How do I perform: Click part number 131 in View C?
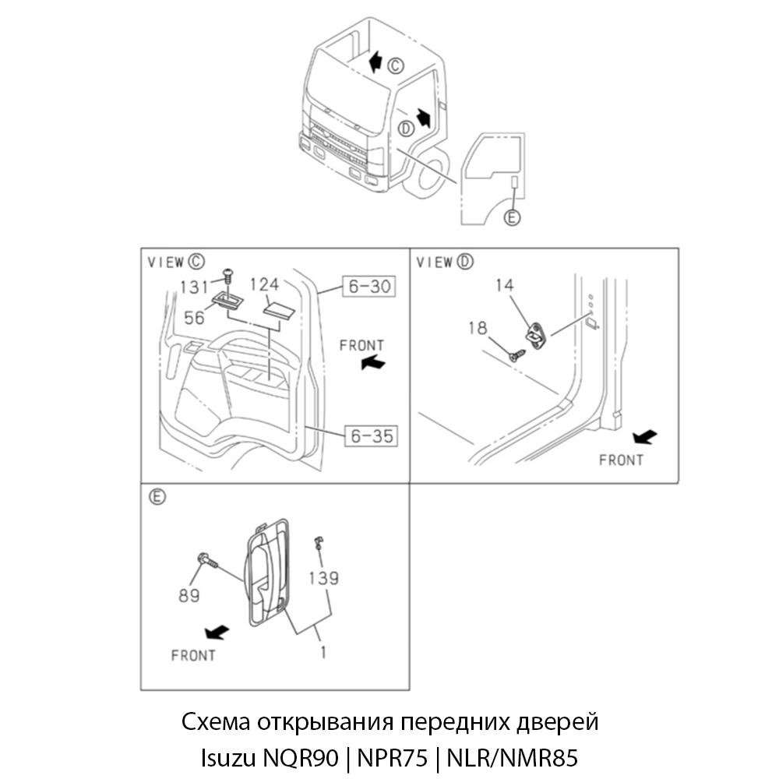194,287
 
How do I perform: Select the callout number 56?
195,317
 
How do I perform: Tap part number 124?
264,286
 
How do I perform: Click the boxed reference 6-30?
368,287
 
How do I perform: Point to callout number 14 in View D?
505,286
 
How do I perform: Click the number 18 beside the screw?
478,328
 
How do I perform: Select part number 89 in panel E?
189,595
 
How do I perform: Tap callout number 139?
323,578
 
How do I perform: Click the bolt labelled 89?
206,559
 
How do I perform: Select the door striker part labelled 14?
536,335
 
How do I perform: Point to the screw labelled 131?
227,274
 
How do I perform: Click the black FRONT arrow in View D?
645,436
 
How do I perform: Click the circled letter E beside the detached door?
512,218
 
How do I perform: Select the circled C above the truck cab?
397,65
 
